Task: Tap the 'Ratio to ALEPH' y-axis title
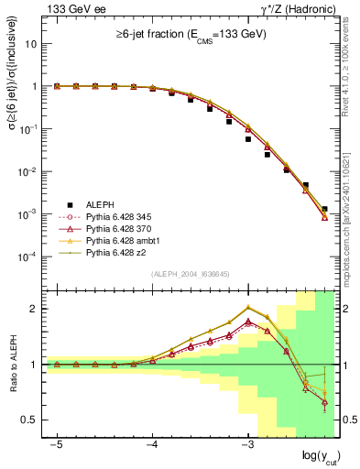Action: click(13, 365)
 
